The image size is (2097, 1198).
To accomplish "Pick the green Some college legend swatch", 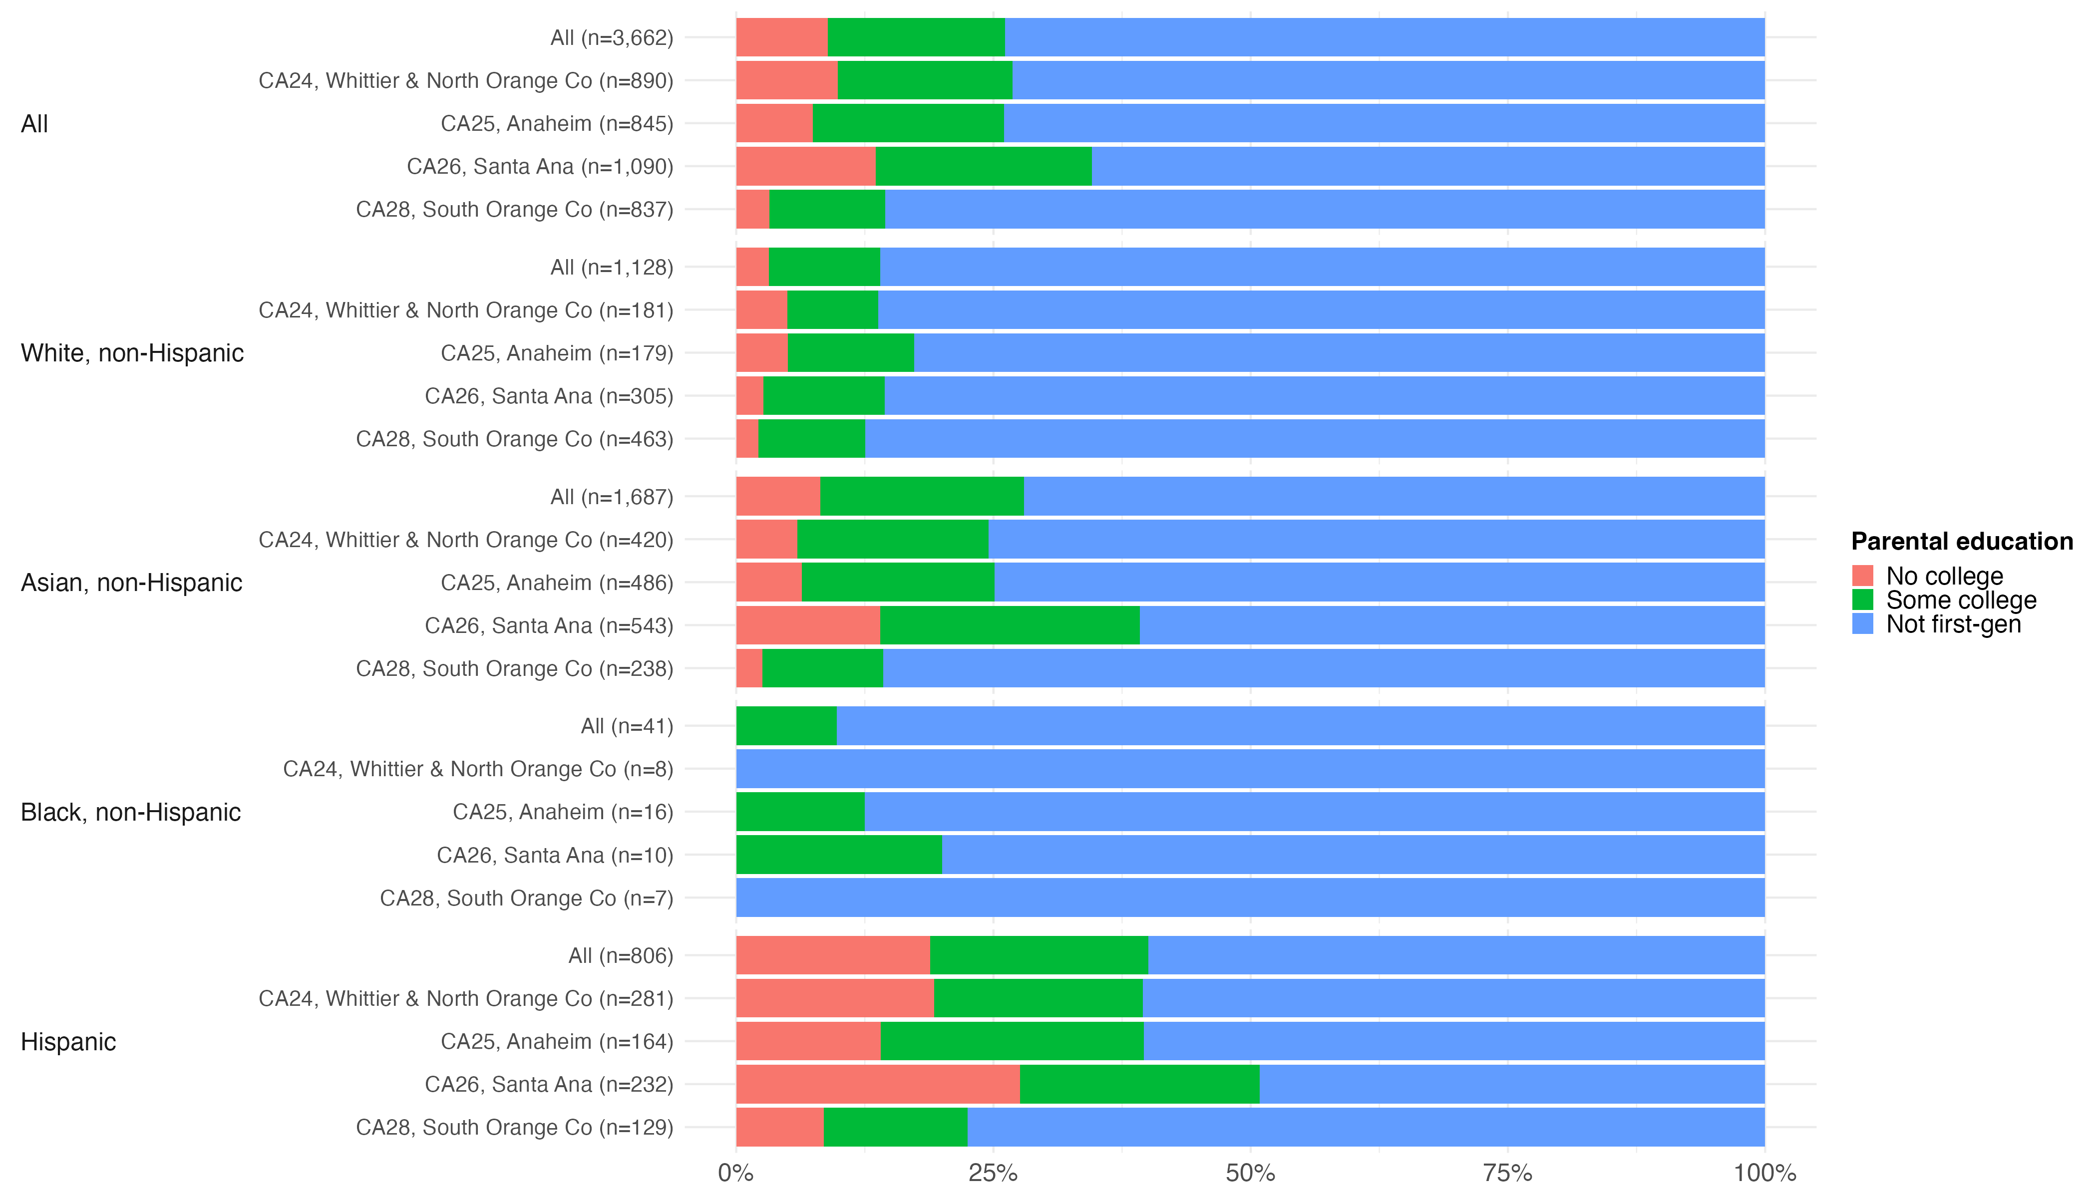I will [1862, 600].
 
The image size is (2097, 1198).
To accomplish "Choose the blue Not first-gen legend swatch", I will [1862, 623].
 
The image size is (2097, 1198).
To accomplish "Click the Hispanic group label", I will [68, 1042].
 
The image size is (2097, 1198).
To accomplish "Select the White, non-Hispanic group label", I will [132, 353].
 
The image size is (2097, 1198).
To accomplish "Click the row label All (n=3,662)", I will [612, 38].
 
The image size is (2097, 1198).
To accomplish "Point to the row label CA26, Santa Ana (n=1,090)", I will [540, 166].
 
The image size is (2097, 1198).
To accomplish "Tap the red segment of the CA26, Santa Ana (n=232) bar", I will [877, 1085].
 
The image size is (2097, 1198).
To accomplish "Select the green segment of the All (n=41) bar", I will [786, 726].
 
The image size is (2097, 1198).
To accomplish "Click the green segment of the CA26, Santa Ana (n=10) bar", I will [839, 855].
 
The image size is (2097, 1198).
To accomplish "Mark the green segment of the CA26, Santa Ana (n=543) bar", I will [1010, 625].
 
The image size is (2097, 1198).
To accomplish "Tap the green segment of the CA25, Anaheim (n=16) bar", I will [800, 812].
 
